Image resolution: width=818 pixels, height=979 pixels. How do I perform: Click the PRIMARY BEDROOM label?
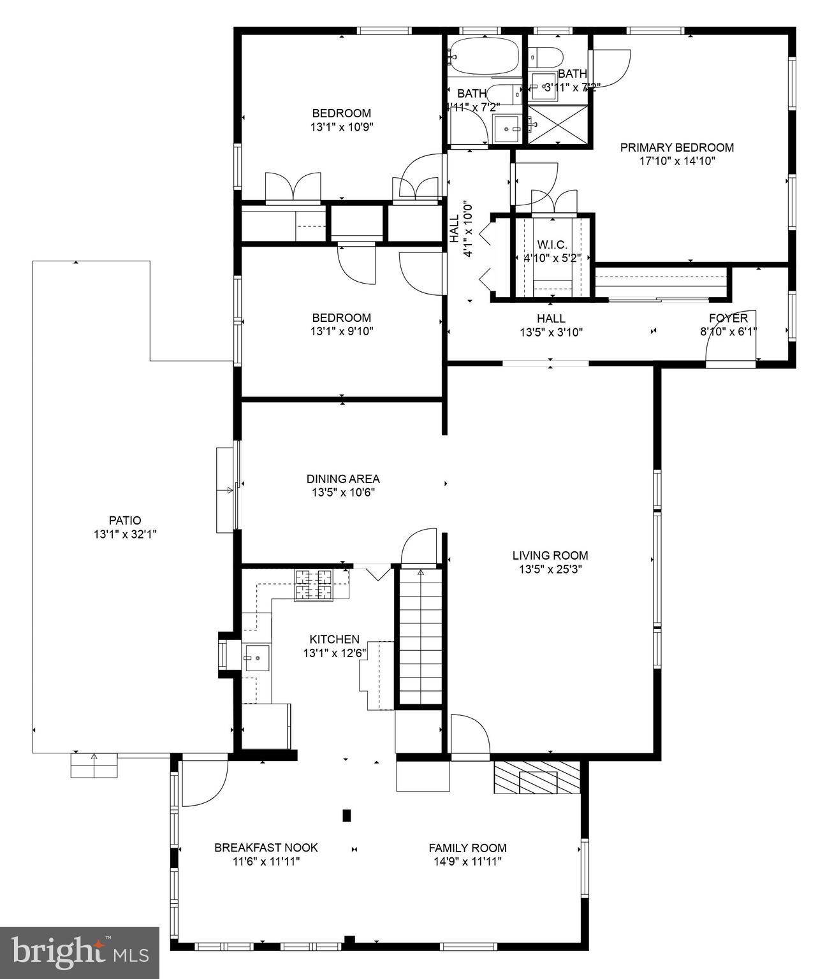pos(676,147)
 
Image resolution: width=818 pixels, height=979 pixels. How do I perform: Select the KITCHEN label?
pos(334,639)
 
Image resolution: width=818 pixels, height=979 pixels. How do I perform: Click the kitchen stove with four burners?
pos(313,585)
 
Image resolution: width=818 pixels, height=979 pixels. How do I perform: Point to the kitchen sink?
pos(257,657)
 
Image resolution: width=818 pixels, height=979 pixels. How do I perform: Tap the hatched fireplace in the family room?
pos(537,778)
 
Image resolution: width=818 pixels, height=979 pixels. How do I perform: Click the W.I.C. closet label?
pos(551,245)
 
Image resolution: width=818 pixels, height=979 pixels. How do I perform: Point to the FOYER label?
pos(727,318)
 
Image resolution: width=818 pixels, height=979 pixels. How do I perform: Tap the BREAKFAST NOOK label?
pos(266,848)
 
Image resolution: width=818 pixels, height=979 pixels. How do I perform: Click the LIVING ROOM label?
pos(550,555)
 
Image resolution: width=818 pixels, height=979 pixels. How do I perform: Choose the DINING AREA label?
pos(343,479)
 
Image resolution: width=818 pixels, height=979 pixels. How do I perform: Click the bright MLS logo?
pos(80,952)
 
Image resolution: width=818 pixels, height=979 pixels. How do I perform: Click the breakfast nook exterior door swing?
pos(203,782)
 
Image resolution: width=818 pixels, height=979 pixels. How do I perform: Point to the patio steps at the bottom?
pos(94,765)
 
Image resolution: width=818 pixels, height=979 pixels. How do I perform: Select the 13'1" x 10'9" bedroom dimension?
pos(341,127)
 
